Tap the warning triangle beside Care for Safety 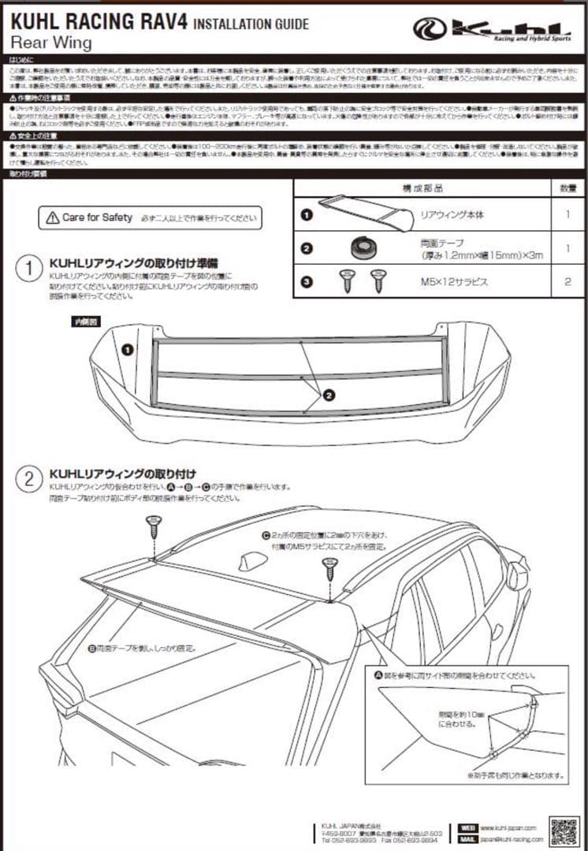tap(52, 217)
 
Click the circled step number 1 tap(29, 269)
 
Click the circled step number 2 tap(29, 478)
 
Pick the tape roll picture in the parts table tap(363, 247)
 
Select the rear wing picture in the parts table tap(364, 211)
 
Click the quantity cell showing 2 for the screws tap(568, 281)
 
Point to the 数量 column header tap(568, 188)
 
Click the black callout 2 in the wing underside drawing tap(329, 394)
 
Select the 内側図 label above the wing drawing tap(84, 321)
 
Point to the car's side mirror tap(517, 575)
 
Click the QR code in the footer tap(564, 832)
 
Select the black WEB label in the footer tap(468, 828)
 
